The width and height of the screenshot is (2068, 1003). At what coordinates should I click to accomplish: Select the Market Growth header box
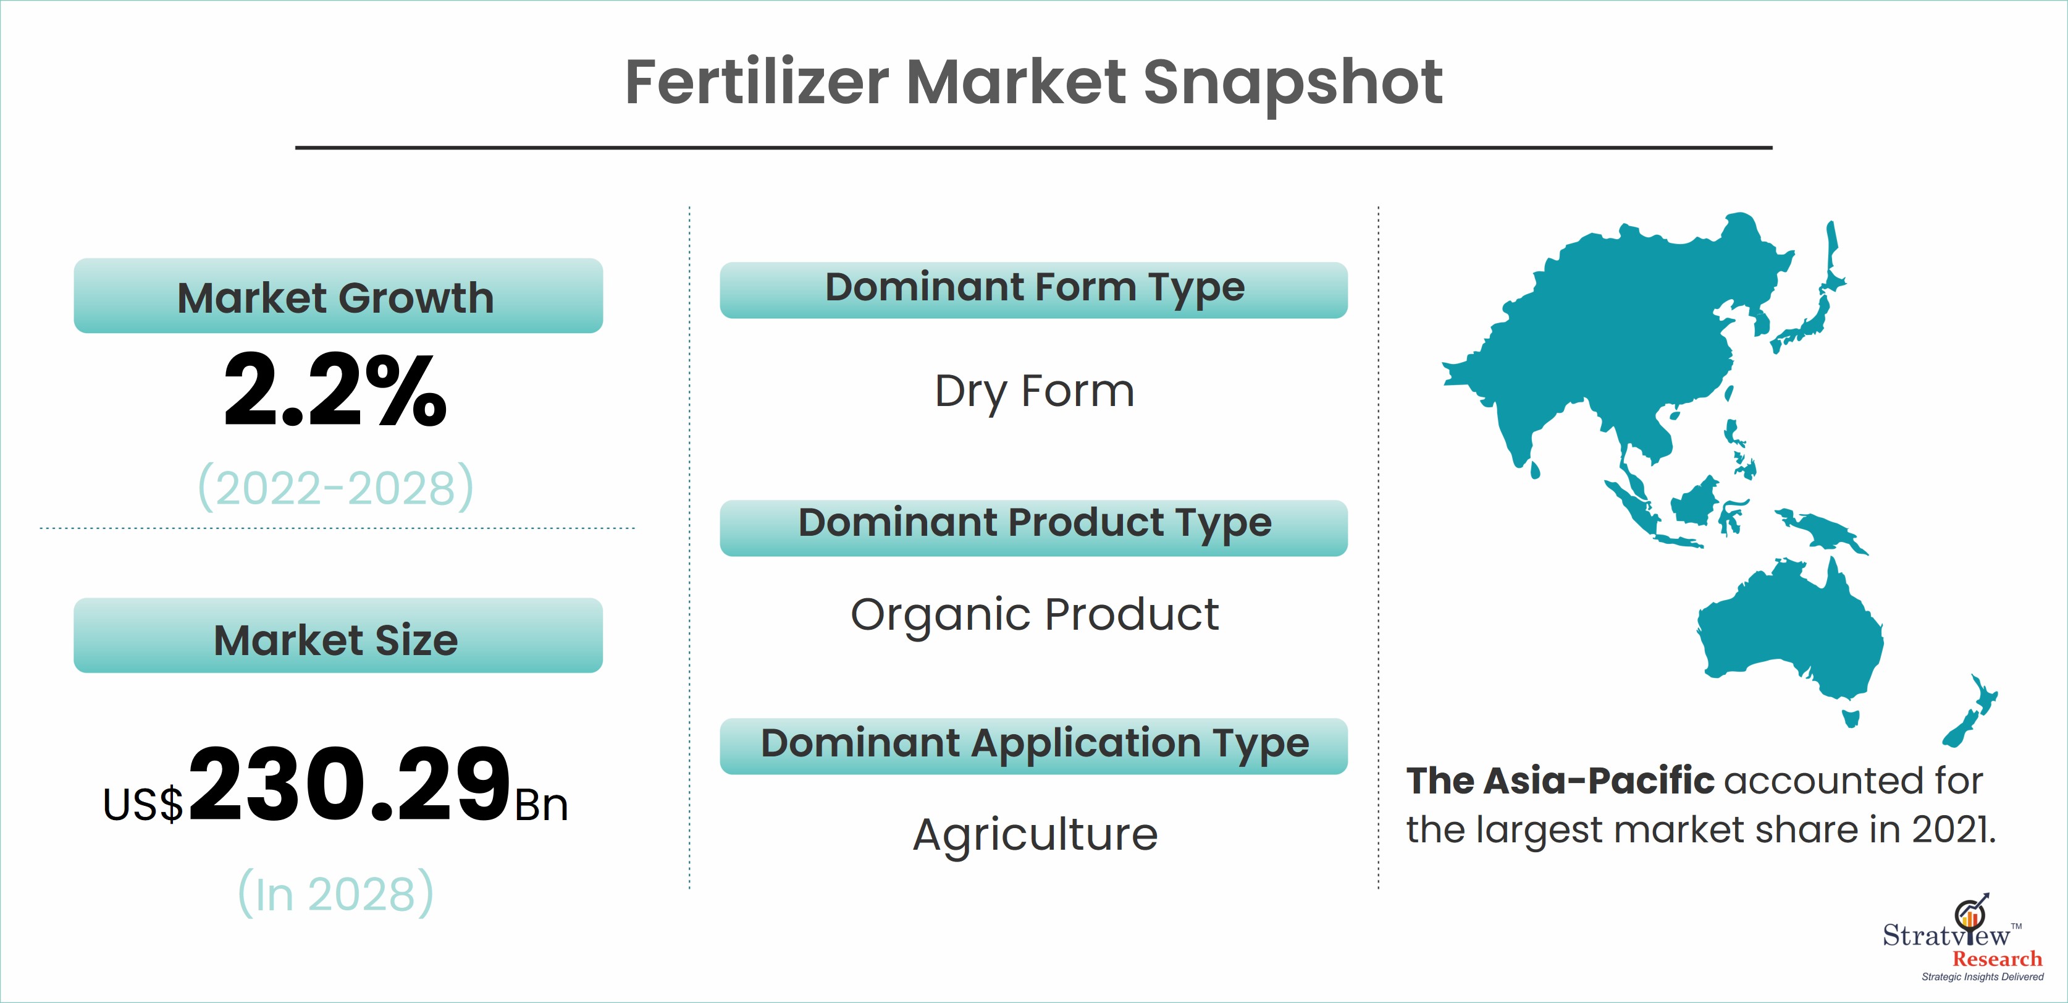pyautogui.click(x=338, y=295)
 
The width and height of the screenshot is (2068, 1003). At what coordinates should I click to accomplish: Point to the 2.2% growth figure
pyautogui.click(x=335, y=391)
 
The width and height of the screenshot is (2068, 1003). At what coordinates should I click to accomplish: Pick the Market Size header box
pyautogui.click(x=338, y=635)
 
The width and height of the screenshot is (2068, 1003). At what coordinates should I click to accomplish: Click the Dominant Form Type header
pyautogui.click(x=1034, y=290)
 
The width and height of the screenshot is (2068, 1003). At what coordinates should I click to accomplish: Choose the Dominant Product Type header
pyautogui.click(x=1034, y=528)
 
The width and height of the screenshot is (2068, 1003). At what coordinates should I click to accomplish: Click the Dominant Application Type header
pyautogui.click(x=1034, y=746)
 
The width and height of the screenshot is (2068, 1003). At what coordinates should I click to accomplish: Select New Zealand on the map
pyautogui.click(x=1972, y=711)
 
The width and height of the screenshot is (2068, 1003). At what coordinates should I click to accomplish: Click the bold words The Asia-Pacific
pyautogui.click(x=1560, y=781)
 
